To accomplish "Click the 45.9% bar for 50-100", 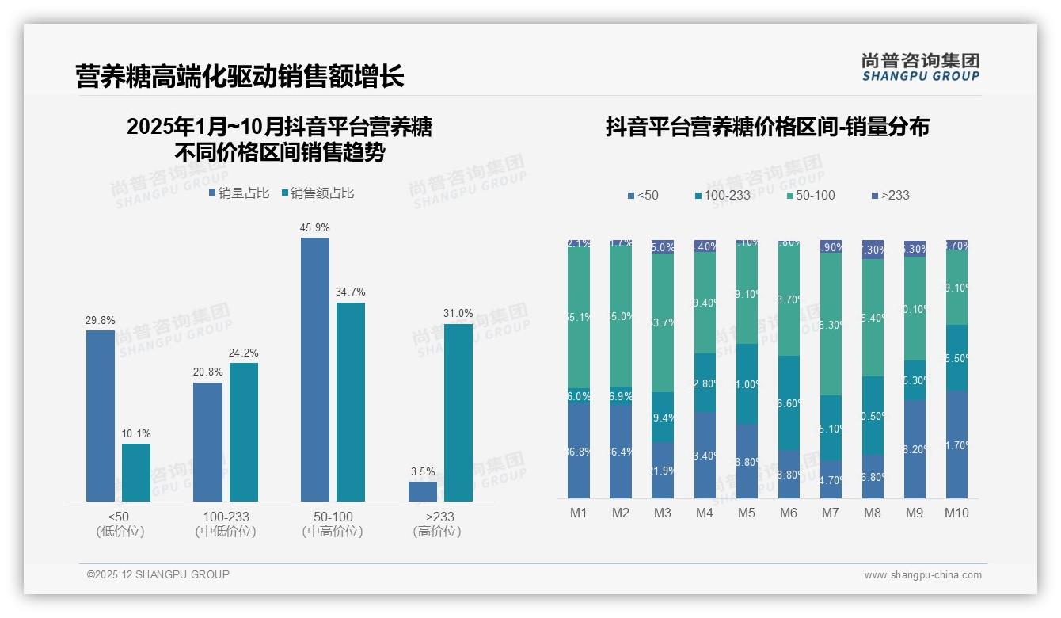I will click(315, 369).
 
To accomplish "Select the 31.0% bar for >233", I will click(458, 412).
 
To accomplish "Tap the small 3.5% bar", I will click(423, 491).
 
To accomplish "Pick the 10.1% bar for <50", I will click(136, 472).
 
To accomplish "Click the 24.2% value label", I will click(243, 353).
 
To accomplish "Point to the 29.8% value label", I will click(101, 320).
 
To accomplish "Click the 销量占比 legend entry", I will click(239, 193).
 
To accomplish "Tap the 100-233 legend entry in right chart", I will click(722, 195).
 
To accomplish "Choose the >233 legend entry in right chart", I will click(890, 195).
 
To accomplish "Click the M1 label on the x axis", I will click(579, 513).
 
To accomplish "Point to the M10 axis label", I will click(956, 513).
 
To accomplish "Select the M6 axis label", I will click(789, 513).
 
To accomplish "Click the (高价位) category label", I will click(437, 532).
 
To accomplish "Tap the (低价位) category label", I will click(120, 532).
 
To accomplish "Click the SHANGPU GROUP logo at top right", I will click(920, 67).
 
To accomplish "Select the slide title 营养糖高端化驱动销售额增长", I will click(240, 76).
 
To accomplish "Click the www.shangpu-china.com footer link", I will click(922, 575).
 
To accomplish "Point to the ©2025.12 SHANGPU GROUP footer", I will click(158, 574).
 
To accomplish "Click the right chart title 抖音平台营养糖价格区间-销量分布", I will click(767, 127).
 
